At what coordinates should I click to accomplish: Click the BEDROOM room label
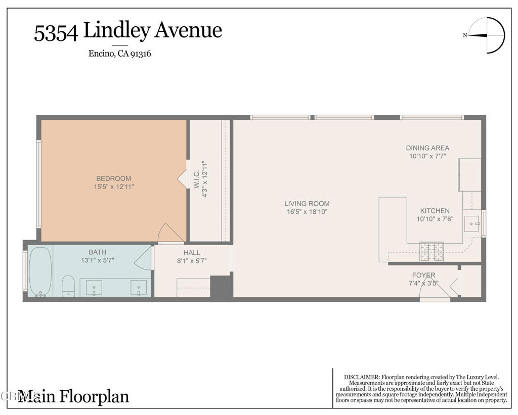[x=114, y=178]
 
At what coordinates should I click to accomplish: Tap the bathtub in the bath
[x=40, y=271]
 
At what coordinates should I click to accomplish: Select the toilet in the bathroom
[x=68, y=286]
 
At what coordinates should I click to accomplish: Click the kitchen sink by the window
[x=472, y=223]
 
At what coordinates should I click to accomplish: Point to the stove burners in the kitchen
[x=431, y=252]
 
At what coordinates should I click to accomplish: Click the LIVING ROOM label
[x=307, y=204]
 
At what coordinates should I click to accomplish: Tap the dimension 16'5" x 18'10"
[x=307, y=212]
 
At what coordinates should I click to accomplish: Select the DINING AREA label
[x=427, y=148]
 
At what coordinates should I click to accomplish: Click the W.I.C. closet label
[x=197, y=180]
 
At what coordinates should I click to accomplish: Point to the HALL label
[x=192, y=253]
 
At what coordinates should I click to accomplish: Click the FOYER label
[x=423, y=275]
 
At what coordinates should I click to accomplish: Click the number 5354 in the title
[x=56, y=32]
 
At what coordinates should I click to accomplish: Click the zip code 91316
[x=141, y=54]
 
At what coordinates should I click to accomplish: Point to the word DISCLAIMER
[x=362, y=377]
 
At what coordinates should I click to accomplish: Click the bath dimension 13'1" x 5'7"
[x=98, y=260]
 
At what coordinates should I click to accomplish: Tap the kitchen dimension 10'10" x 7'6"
[x=435, y=219]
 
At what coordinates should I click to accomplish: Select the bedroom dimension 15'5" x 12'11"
[x=114, y=187]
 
